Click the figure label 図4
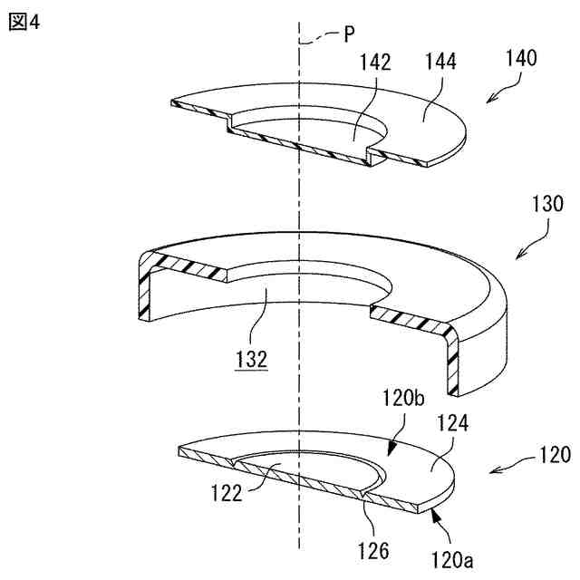tap(24, 22)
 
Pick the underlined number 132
tap(251, 359)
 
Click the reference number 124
tap(452, 423)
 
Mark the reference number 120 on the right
tap(552, 454)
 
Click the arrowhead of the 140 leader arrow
tap(489, 101)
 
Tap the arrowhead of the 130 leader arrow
tap(517, 257)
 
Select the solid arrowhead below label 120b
tap(391, 449)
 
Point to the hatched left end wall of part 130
tap(142, 289)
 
